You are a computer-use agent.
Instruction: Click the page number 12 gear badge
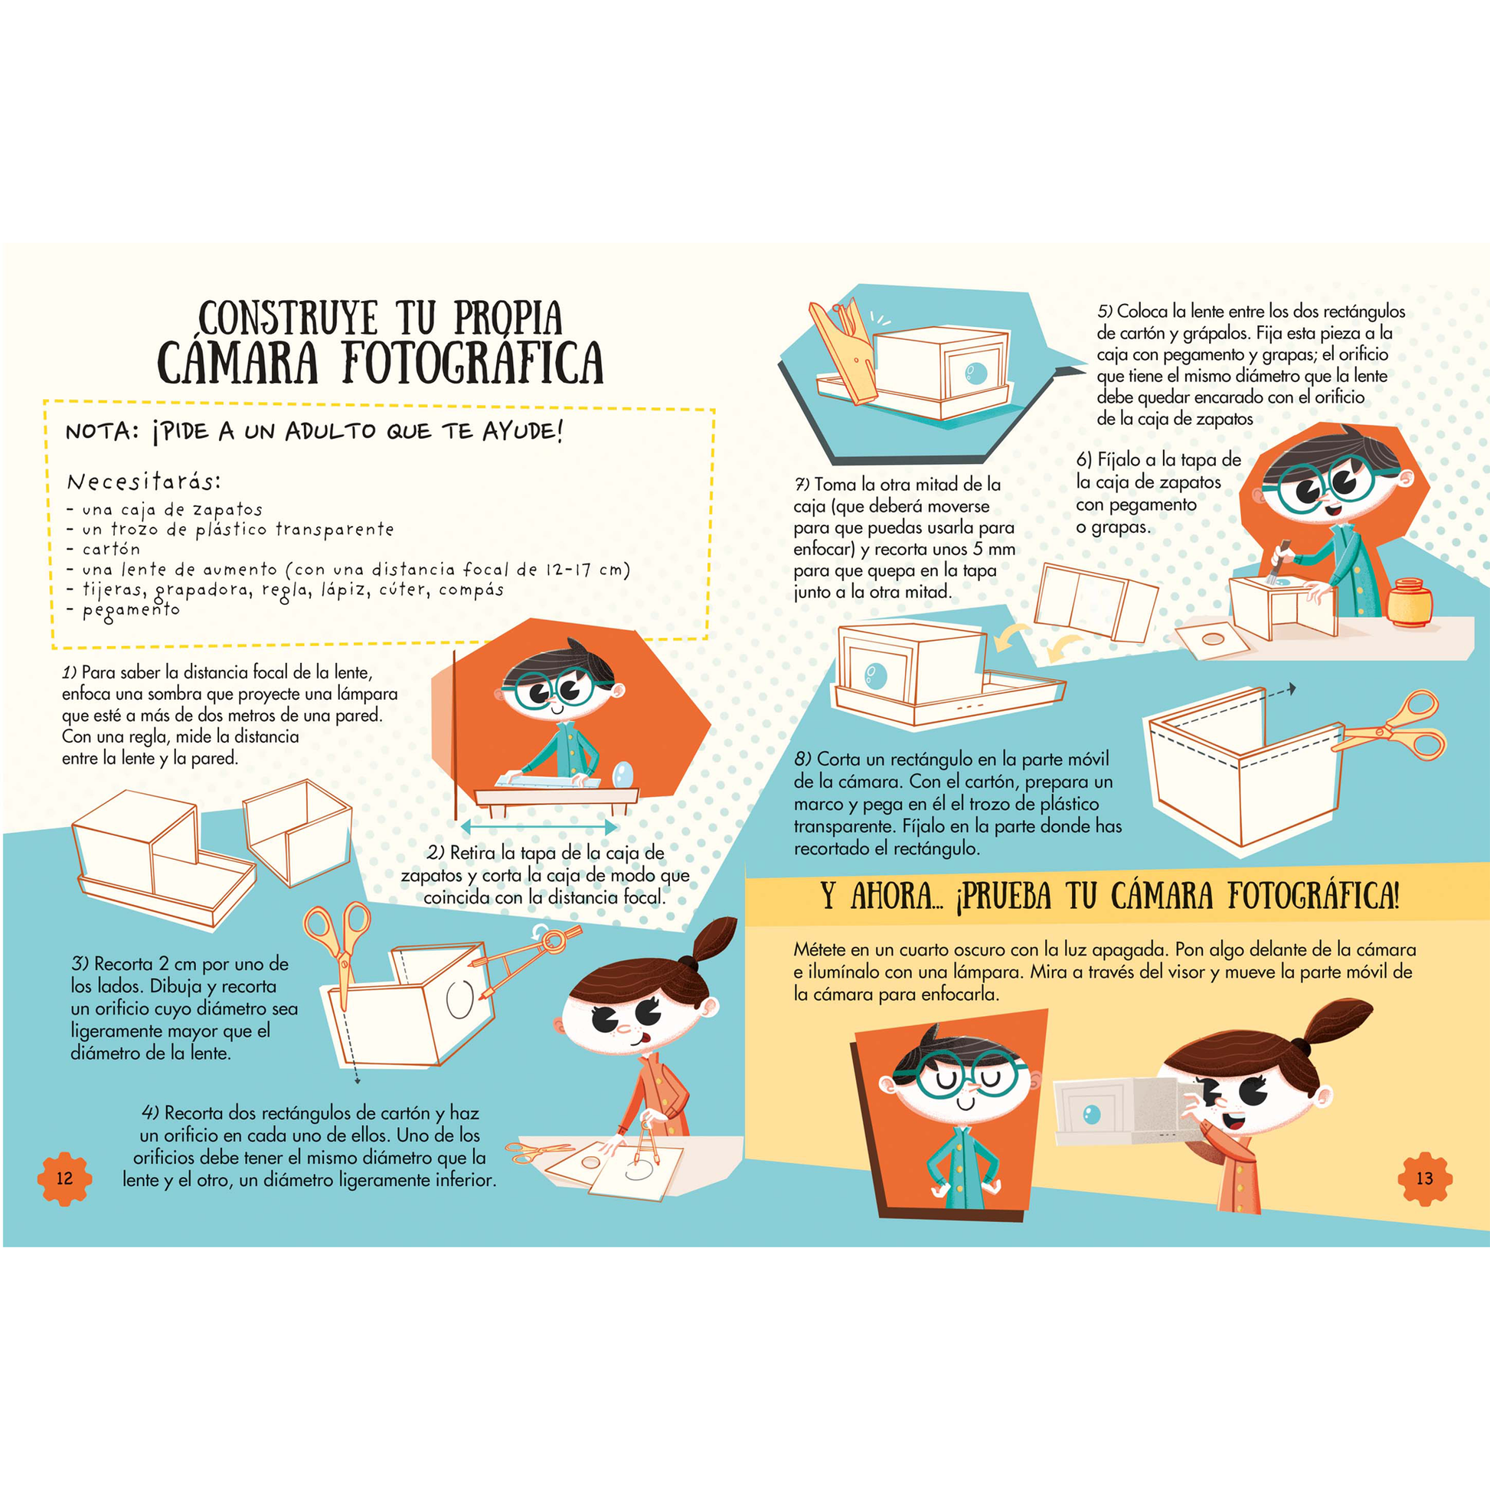click(64, 1178)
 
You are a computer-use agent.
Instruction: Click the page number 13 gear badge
click(1424, 1178)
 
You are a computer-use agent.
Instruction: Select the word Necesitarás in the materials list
click(143, 482)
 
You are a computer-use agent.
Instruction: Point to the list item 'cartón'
click(111, 549)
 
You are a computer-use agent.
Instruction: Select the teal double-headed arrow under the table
click(538, 828)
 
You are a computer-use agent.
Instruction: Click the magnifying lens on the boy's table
click(622, 773)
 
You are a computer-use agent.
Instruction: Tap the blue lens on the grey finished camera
click(1091, 1113)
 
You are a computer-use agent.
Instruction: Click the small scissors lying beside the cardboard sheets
click(540, 1152)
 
